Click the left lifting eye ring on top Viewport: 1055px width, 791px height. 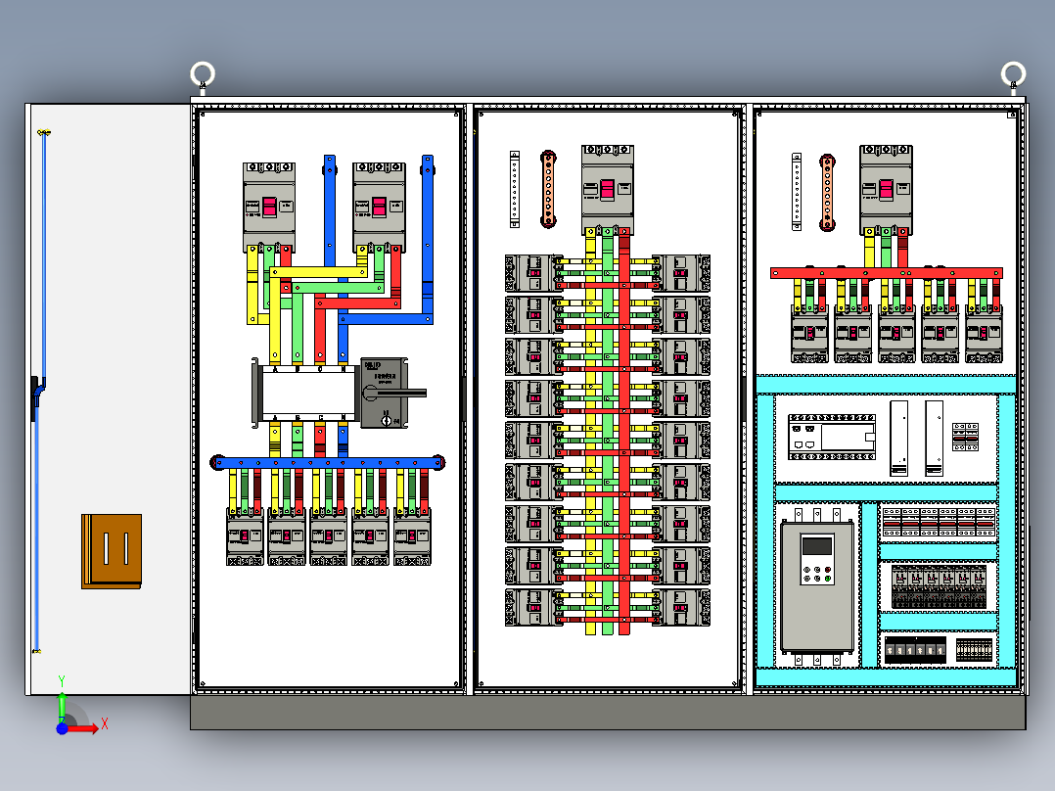pos(203,74)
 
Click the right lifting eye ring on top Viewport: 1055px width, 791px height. pos(1013,74)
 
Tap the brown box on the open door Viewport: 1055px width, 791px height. pos(112,551)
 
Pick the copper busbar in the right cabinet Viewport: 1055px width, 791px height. pos(827,192)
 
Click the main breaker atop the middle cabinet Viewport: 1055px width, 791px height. pos(608,186)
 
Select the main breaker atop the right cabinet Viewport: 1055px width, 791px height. pos(886,186)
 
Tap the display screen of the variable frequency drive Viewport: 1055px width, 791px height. pos(816,546)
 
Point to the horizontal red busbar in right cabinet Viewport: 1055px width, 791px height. pos(886,273)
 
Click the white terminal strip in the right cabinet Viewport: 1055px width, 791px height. pos(797,192)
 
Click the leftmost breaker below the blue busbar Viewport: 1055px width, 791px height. pos(246,536)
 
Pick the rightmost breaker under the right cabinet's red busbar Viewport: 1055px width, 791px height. pos(985,333)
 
